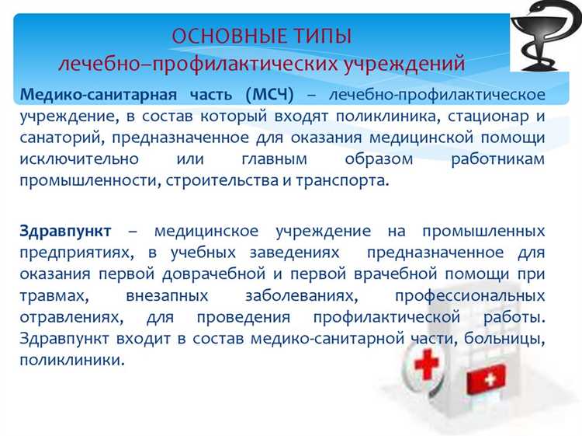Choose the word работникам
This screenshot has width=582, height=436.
(x=497, y=158)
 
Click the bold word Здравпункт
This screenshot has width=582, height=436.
(x=66, y=232)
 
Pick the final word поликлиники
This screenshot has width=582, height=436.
(x=72, y=361)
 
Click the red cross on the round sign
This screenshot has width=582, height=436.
(x=426, y=364)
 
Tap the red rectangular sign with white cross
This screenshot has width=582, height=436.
(x=485, y=378)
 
